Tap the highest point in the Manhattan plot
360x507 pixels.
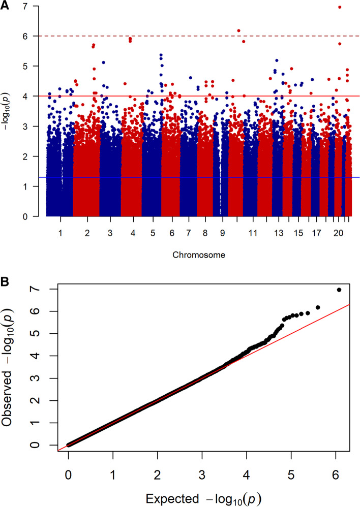[x=340, y=7]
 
